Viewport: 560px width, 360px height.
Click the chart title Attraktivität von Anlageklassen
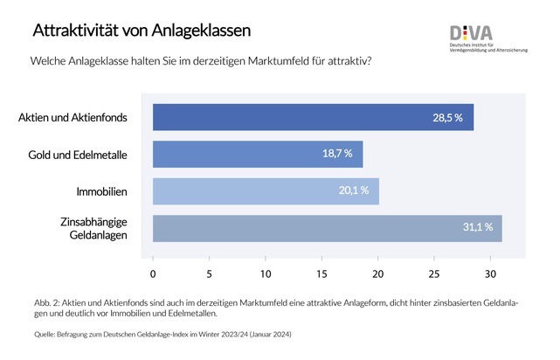[142, 30]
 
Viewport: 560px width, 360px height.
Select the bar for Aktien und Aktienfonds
[313, 117]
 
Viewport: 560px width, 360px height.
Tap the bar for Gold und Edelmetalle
[257, 154]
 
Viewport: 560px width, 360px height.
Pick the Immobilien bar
[266, 190]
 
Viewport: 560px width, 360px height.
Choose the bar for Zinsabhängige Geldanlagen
[327, 227]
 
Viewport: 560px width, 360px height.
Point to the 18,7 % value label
[336, 154]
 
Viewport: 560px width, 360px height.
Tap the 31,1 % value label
[477, 227]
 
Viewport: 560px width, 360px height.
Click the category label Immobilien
[103, 190]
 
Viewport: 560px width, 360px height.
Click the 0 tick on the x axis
[153, 273]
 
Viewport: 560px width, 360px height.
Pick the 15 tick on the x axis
[321, 273]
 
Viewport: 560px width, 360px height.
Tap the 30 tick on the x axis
[490, 273]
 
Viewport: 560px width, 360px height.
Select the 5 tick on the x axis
[210, 273]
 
